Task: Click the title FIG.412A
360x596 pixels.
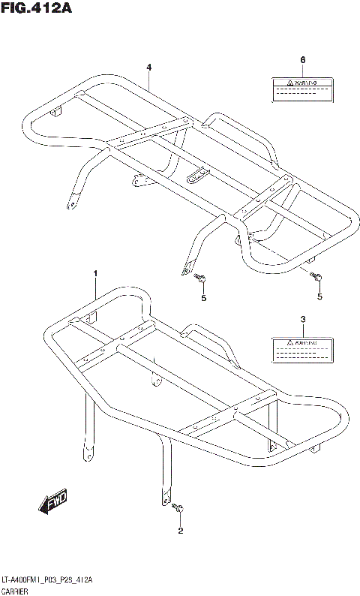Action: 32,9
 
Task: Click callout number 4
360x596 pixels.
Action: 149,68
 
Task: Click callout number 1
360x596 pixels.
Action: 95,274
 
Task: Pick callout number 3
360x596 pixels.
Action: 302,320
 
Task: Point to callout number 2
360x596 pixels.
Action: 180,532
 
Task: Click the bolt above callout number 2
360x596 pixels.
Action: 178,510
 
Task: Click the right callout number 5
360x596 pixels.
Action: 319,296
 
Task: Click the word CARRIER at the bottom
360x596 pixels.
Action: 16,591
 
